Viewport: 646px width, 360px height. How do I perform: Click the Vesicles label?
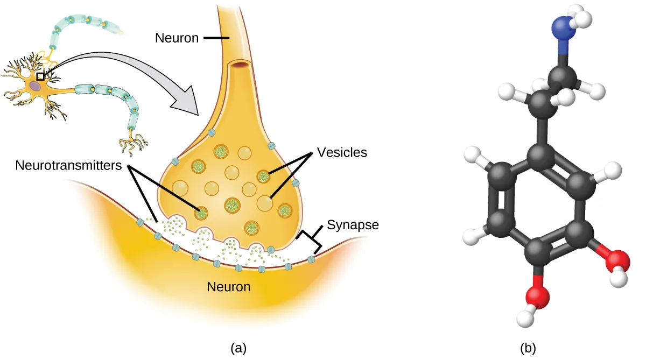coord(342,152)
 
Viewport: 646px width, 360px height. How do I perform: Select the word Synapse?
coord(353,225)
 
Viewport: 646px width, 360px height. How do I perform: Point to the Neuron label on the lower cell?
coord(229,287)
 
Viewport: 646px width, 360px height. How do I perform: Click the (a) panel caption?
coord(238,349)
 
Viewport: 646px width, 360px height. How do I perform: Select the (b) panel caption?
coord(528,349)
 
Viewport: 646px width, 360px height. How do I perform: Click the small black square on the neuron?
coord(40,77)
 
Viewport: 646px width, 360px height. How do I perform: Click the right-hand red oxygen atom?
coord(616,261)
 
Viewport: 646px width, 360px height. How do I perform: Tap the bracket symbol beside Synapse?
coord(311,240)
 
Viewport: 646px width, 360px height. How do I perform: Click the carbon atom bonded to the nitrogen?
coord(563,77)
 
